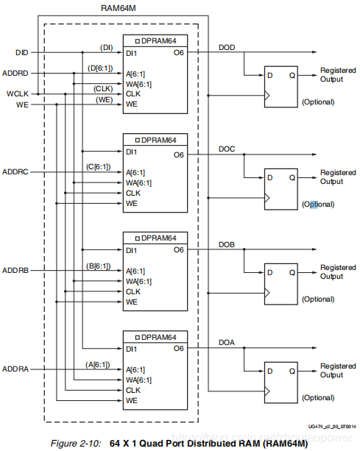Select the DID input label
(21, 53)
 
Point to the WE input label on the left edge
(21, 105)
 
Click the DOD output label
(227, 46)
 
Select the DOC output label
(227, 148)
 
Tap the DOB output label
(227, 244)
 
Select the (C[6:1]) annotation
(98, 166)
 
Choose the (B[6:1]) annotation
(98, 265)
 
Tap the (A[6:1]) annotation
(98, 363)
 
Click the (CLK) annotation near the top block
(103, 88)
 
